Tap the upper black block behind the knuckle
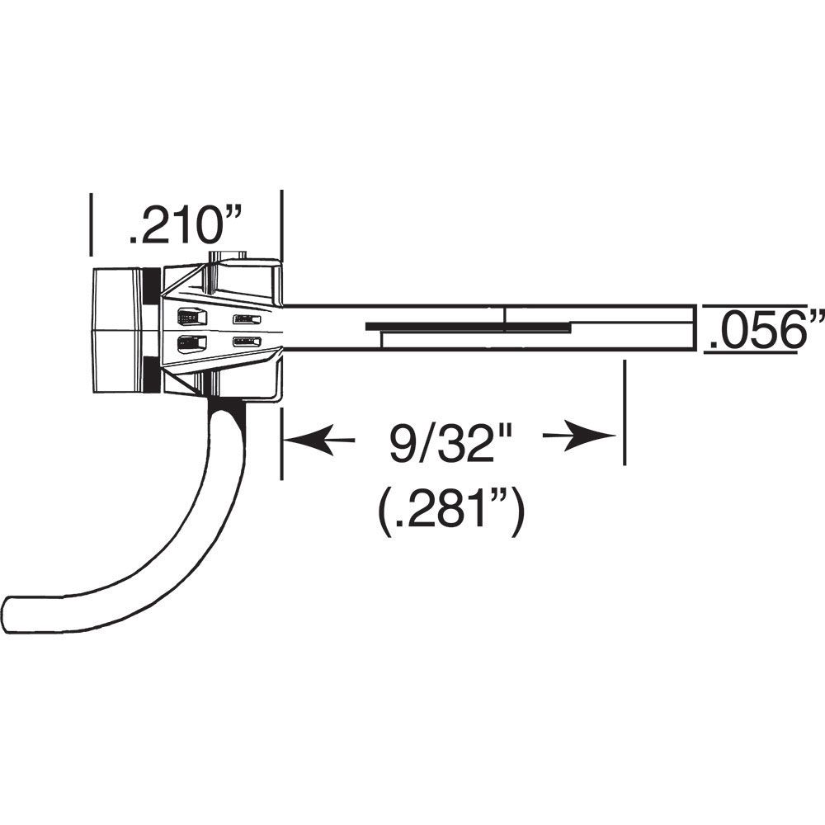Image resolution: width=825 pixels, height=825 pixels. (x=150, y=285)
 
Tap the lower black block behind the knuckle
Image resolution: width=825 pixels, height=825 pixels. (x=150, y=375)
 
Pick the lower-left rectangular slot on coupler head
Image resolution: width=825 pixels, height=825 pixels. (x=189, y=343)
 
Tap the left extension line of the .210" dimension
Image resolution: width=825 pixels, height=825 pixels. (x=90, y=223)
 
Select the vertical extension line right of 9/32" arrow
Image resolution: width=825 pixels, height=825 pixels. (x=625, y=412)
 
